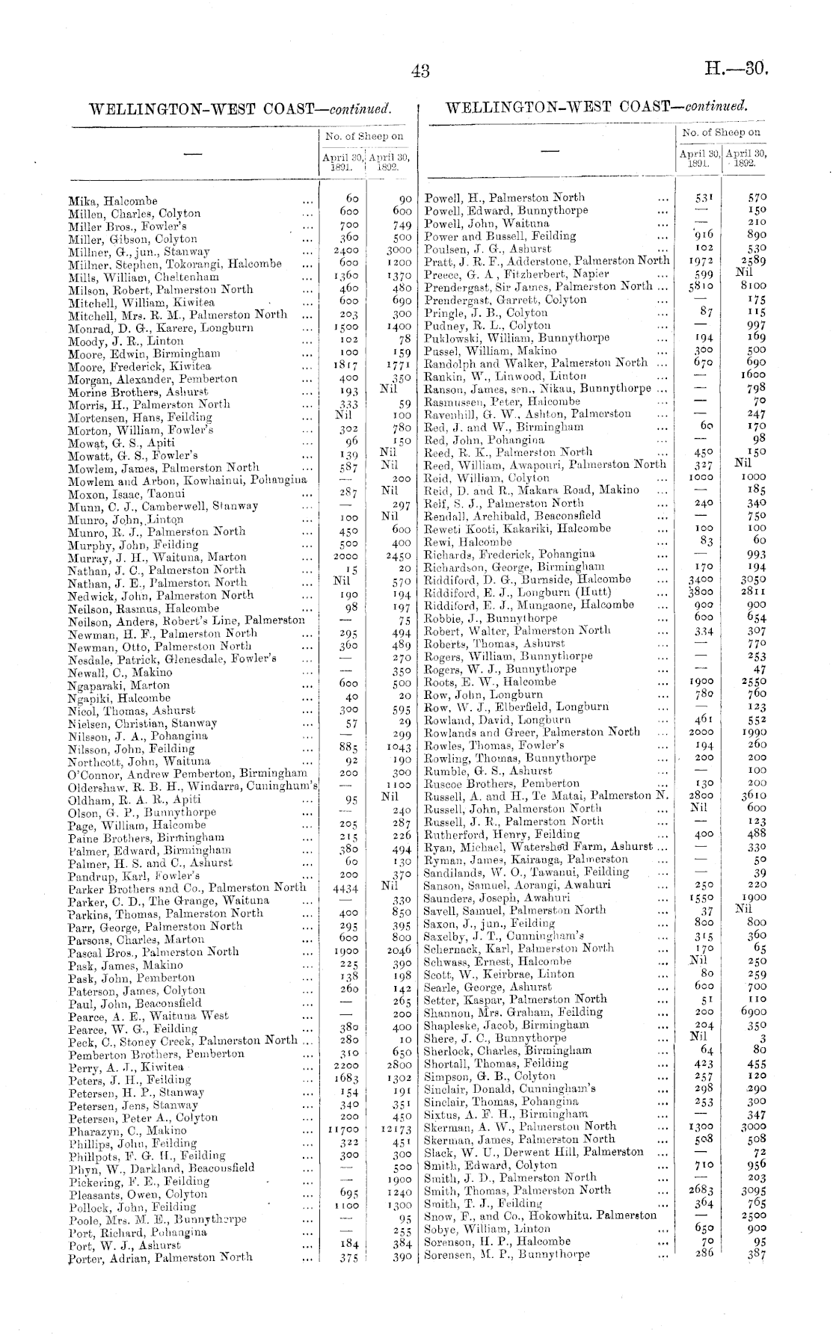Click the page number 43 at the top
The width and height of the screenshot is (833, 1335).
tap(420, 71)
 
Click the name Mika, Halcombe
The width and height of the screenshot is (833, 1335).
tap(113, 201)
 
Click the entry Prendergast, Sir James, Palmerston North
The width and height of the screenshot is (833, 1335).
tap(537, 286)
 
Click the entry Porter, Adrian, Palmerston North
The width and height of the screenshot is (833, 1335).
tap(160, 1257)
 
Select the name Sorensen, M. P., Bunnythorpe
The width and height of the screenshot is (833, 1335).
tap(506, 1254)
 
